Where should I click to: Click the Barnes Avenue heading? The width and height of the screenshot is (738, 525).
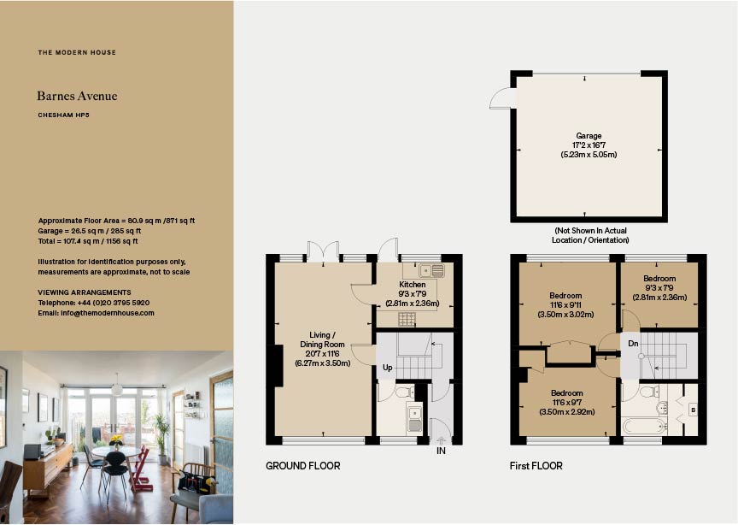[x=77, y=97]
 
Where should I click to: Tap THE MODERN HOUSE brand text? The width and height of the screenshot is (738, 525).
[x=77, y=53]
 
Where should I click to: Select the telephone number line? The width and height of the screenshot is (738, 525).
[x=94, y=303]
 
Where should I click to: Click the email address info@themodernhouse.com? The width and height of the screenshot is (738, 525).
[x=96, y=313]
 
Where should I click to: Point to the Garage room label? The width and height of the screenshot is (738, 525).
[x=589, y=135]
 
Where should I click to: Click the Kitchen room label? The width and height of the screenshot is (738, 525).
[x=413, y=285]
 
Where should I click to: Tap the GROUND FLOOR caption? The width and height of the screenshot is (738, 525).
[x=302, y=466]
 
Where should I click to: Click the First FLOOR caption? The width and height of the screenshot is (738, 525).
[x=536, y=466]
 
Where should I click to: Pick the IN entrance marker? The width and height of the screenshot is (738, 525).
[x=441, y=450]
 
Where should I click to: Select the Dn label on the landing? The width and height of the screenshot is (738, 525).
[x=633, y=345]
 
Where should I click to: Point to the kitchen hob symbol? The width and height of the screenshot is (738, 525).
[x=407, y=319]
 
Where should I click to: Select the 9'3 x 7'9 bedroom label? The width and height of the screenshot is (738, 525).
[x=659, y=288]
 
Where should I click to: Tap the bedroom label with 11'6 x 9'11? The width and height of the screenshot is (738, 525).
[x=565, y=304]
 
